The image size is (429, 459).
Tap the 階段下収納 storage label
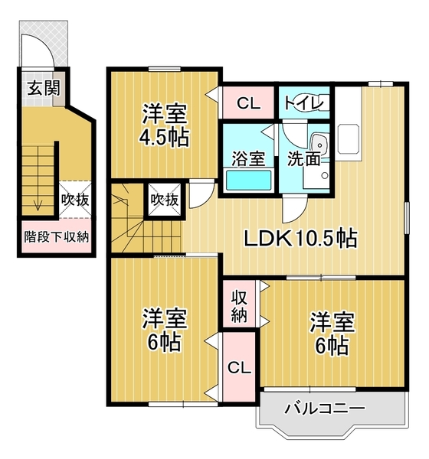[56, 236]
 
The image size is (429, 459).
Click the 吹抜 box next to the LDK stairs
[164, 200]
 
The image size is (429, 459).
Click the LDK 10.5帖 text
[300, 239]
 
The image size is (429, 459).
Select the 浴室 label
[248, 159]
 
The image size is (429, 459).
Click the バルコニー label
[325, 408]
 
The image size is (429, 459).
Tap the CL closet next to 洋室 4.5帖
[247, 102]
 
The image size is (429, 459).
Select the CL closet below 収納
[240, 368]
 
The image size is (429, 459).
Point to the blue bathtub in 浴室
[248, 181]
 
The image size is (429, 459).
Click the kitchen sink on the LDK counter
[349, 137]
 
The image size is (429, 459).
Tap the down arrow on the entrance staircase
[35, 200]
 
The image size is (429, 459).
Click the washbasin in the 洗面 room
[318, 143]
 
